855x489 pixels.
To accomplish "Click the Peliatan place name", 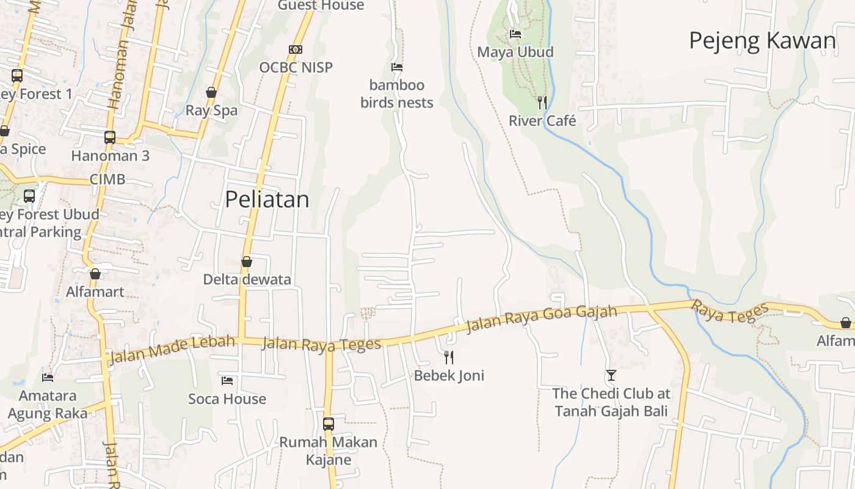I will tap(267, 199).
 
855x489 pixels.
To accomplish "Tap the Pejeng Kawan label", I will tap(762, 40).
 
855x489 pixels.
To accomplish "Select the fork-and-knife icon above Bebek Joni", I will tap(449, 357).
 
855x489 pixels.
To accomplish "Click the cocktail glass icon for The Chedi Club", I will tap(611, 375).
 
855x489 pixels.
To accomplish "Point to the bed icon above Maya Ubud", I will tap(515, 34).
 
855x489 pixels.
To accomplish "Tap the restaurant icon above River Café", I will tap(542, 102).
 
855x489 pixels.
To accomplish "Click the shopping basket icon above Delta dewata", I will tap(247, 262).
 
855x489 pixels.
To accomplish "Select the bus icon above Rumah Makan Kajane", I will tap(329, 424).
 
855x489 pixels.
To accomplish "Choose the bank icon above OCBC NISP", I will tap(296, 50).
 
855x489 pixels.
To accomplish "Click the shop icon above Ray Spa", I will tap(211, 93).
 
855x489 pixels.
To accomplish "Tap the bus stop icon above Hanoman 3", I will tap(110, 138).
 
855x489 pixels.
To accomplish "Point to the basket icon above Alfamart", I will tap(95, 274).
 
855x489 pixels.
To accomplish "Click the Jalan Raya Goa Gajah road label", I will tap(542, 319).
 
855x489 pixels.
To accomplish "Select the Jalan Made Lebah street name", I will tap(172, 348).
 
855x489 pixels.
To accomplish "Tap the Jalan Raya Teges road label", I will tap(321, 345).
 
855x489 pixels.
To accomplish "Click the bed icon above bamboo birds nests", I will tap(397, 67).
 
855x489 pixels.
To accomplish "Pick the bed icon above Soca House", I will tap(227, 381).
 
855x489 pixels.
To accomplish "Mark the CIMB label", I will tap(107, 179).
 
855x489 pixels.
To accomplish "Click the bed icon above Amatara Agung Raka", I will tap(48, 378).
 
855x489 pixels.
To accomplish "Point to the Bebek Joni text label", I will tap(449, 375).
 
